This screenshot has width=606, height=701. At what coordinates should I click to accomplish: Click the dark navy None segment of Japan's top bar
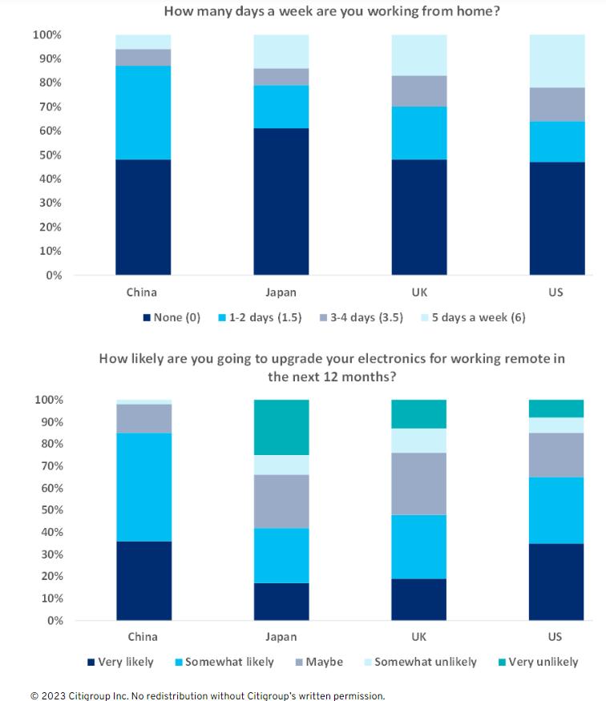pos(281,201)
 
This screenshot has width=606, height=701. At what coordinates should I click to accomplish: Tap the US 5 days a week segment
pos(556,61)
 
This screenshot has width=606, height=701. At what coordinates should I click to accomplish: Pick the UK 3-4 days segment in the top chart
pos(419,91)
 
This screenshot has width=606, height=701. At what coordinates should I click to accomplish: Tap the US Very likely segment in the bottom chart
pos(556,582)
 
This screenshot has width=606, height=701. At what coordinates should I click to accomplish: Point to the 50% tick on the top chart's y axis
pos(46,155)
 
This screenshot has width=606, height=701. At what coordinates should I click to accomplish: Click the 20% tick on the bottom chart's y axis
pos(46,576)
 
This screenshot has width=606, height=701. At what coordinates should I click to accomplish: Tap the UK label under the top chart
pos(419,292)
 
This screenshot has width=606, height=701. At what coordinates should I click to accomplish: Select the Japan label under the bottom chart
pos(281,637)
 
